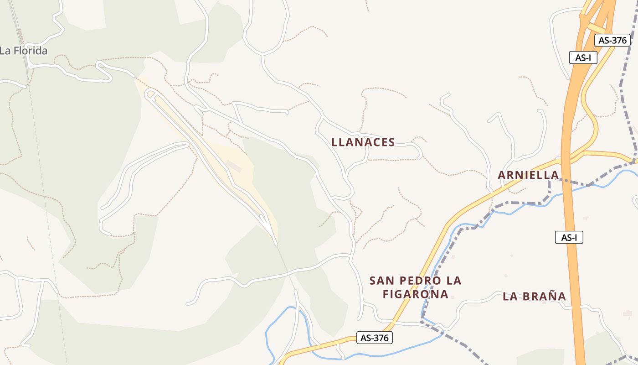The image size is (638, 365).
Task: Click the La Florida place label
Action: point(23,51)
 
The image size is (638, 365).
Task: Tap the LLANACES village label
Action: point(363,142)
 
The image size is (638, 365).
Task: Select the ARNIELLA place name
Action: point(528,175)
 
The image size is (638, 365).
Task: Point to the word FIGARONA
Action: point(415,294)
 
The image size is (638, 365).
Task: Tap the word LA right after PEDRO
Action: point(452,281)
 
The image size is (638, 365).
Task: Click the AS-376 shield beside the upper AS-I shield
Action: point(612,40)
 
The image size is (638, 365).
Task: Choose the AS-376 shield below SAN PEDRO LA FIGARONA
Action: point(374,338)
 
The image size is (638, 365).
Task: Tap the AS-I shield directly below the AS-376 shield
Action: point(583,58)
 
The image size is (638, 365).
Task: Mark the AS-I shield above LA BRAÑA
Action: point(569,237)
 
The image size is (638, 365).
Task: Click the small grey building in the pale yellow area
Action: point(234,167)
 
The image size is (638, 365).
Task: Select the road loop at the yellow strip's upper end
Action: point(151,94)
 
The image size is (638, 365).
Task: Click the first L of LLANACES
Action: point(334,142)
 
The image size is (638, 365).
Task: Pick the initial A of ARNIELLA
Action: point(502,175)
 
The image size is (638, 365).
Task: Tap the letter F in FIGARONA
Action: point(386,294)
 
